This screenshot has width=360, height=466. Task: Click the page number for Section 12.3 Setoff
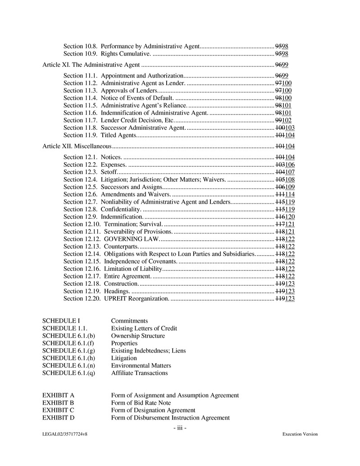[285, 172]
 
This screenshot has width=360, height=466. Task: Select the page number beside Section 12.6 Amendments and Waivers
[285, 194]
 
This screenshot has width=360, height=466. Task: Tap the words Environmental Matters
[141, 365]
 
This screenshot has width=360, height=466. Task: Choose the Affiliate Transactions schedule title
[139, 373]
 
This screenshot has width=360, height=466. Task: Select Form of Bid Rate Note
[141, 402]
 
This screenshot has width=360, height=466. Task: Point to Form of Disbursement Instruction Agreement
[170, 417]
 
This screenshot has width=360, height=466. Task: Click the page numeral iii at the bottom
[180, 427]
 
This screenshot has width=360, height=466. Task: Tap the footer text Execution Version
[300, 434]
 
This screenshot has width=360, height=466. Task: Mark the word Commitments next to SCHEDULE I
[129, 321]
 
